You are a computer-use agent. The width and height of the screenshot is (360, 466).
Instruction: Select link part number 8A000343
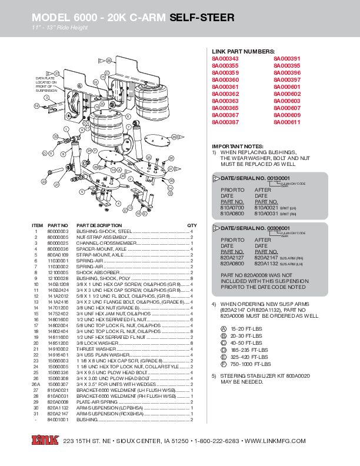click(x=225, y=59)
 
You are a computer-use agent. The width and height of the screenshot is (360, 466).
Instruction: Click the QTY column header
click(x=192, y=225)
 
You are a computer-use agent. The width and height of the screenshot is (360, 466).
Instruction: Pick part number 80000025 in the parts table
click(x=58, y=242)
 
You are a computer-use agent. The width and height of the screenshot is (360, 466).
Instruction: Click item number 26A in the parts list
click(x=37, y=384)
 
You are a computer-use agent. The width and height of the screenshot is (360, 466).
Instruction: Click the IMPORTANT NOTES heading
click(x=238, y=146)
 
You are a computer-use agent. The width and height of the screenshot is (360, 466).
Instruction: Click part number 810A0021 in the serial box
click(x=266, y=208)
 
